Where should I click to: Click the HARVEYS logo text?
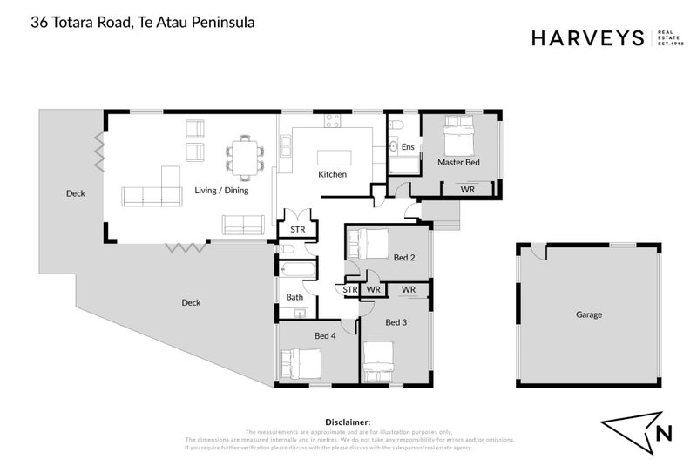click(x=586, y=37)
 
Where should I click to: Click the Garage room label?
click(x=589, y=314)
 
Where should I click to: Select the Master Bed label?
click(x=457, y=162)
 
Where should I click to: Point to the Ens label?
click(x=407, y=147)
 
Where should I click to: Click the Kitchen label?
click(x=332, y=174)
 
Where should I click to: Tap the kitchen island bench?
click(x=335, y=158)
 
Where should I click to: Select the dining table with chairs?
click(x=242, y=152)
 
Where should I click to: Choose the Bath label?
click(x=294, y=297)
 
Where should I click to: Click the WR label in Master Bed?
click(x=468, y=189)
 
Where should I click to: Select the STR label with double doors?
click(x=296, y=229)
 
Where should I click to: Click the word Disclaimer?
click(x=348, y=422)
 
